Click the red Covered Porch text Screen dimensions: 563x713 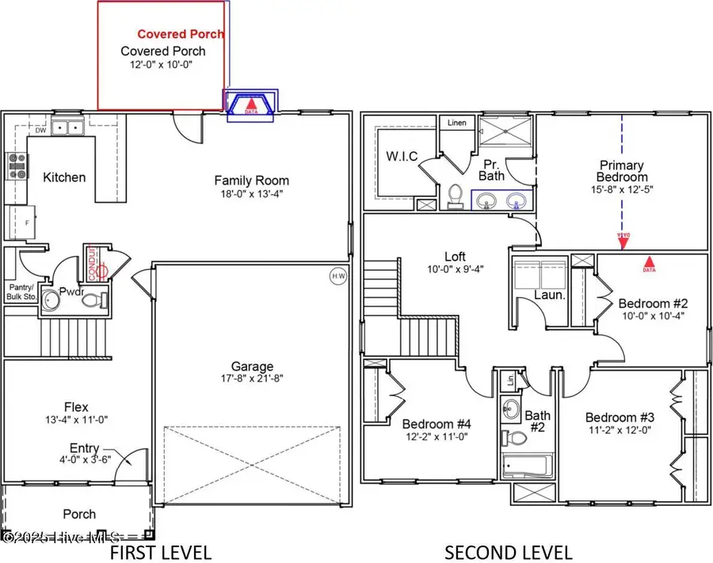pos(181,34)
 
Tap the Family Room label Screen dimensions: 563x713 pos(251,181)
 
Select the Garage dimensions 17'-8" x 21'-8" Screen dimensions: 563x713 pos(252,379)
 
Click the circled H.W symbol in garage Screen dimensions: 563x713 pos(337,276)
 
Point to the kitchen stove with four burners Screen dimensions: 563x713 pos(17,166)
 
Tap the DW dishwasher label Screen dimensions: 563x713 pos(40,131)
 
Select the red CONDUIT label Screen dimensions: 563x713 pos(92,262)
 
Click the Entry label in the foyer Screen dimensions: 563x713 pos(85,448)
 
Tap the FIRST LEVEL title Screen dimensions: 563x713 pos(160,551)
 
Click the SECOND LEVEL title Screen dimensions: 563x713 pos(508,551)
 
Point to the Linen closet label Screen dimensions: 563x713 pos(457,124)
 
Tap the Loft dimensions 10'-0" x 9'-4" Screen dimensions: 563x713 pos(455,268)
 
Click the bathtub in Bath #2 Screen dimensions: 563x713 pos(528,465)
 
